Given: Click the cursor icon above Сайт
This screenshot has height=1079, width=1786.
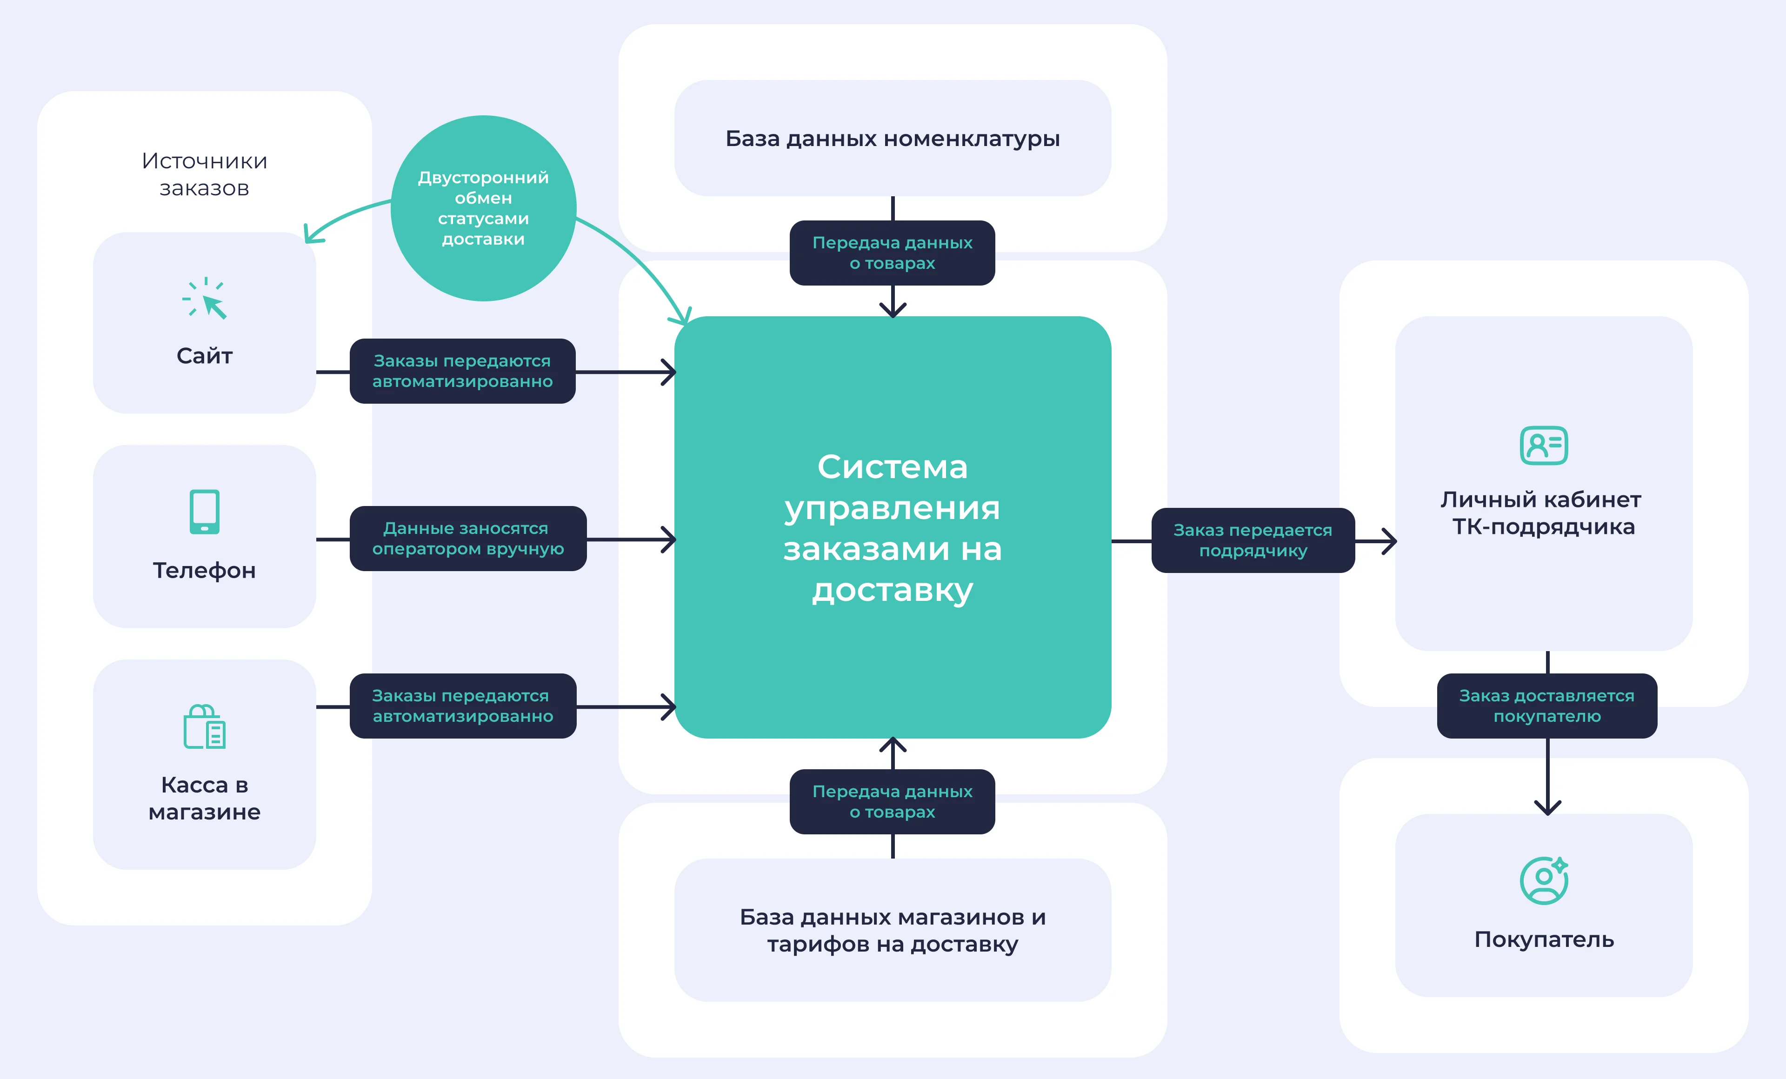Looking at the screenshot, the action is [x=205, y=298].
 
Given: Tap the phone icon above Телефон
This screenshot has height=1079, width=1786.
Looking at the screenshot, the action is [x=204, y=512].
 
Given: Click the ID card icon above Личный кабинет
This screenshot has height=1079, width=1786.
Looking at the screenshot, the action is [x=1544, y=446].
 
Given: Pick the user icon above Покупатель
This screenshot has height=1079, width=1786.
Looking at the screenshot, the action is [x=1544, y=880].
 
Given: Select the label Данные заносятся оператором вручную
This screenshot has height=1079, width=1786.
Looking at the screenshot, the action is [x=468, y=539].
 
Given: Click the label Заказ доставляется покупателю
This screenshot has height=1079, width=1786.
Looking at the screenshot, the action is [x=1547, y=706].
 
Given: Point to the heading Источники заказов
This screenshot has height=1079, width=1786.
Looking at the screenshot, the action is [x=204, y=174].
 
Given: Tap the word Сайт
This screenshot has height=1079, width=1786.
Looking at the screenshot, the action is [x=204, y=356].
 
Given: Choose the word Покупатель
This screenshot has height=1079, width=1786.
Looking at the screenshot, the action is [x=1544, y=940].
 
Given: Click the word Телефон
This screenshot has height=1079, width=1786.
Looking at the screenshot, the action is [x=204, y=570].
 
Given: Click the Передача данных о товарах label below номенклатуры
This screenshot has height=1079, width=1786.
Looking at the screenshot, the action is [x=892, y=253].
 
